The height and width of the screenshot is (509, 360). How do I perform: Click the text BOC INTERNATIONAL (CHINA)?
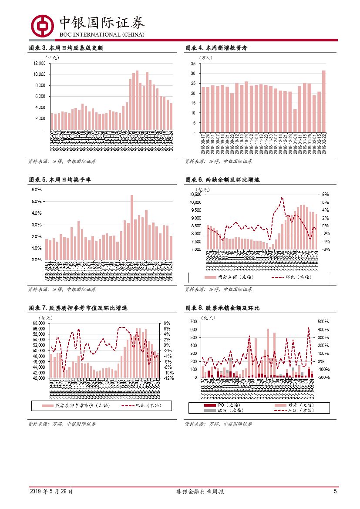(x=101, y=34)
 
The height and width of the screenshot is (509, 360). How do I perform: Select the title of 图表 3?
(x=65, y=48)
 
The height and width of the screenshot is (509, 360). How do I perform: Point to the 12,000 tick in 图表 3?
(x=39, y=63)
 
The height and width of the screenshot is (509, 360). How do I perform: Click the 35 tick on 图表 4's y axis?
(x=193, y=63)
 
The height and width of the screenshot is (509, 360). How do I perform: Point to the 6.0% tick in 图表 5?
(x=37, y=190)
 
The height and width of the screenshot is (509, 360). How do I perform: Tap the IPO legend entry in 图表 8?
(x=217, y=405)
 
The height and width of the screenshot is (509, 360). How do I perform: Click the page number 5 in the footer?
(x=335, y=492)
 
